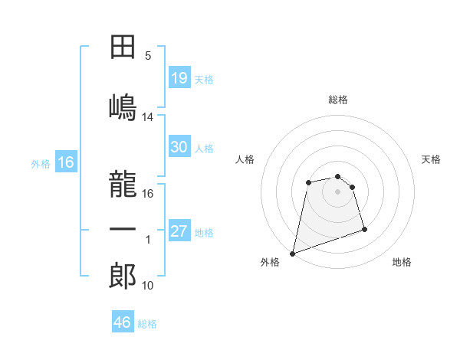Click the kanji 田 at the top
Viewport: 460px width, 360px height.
pos(123,47)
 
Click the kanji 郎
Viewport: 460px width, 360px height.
pos(123,276)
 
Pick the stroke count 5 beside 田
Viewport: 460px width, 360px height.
pos(148,56)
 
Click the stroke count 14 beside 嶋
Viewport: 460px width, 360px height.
pos(148,116)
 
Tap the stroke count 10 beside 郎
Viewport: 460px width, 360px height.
pos(148,286)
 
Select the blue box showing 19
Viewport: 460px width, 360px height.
pos(179,78)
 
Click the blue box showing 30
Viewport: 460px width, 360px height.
pos(179,147)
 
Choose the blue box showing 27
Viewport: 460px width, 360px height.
pos(179,232)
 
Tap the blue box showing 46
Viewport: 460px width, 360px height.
pos(123,322)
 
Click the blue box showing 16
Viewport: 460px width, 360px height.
pos(65,162)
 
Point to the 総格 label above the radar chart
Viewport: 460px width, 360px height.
pos(338,100)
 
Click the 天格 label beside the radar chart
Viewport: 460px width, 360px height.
pos(432,159)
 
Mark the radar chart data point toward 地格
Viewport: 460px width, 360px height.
pos(364,230)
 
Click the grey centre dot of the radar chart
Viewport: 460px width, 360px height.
pos(337,191)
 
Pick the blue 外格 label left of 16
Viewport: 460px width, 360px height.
pos(41,163)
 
